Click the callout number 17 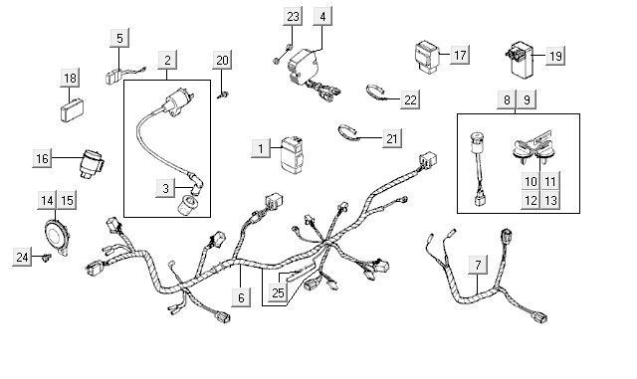pyautogui.click(x=459, y=55)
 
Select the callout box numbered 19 pyautogui.click(x=555, y=57)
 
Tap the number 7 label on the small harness pyautogui.click(x=478, y=265)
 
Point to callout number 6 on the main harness pyautogui.click(x=240, y=296)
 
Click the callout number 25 pyautogui.click(x=278, y=293)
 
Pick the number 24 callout pyautogui.click(x=22, y=258)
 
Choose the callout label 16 pyautogui.click(x=42, y=159)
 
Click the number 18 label pyautogui.click(x=70, y=78)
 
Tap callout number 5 pyautogui.click(x=119, y=39)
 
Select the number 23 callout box pyautogui.click(x=293, y=17)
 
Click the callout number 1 pyautogui.click(x=261, y=148)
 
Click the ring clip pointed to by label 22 pyautogui.click(x=376, y=92)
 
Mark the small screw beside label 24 pyautogui.click(x=47, y=258)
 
